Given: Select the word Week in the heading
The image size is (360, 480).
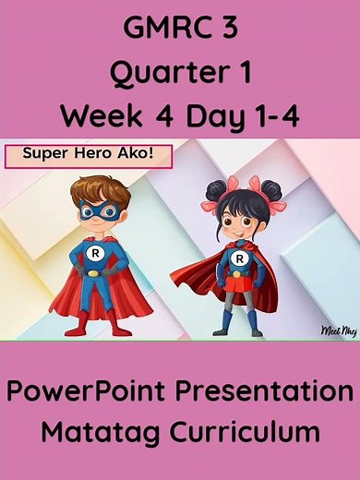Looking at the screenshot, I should click(x=98, y=116).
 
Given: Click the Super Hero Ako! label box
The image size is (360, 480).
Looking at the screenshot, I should click(x=89, y=155).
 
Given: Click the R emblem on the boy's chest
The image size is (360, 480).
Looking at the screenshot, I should click(x=93, y=252).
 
